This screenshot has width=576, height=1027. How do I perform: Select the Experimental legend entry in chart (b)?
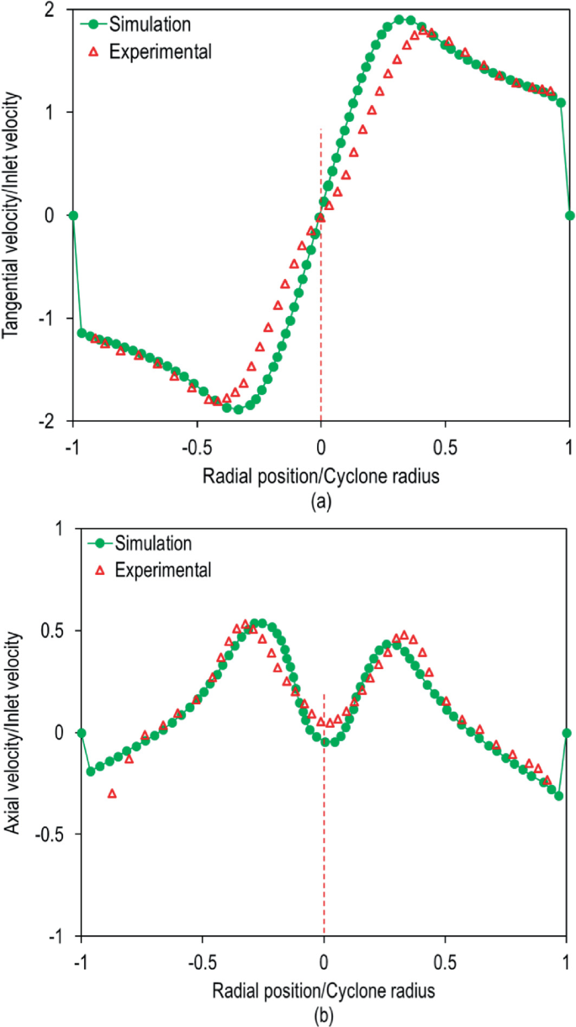[159, 571]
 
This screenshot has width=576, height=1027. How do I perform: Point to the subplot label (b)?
[324, 1015]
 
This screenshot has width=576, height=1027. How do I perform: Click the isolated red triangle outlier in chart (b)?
[112, 793]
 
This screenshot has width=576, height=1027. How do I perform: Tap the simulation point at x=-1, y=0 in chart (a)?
[73, 215]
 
